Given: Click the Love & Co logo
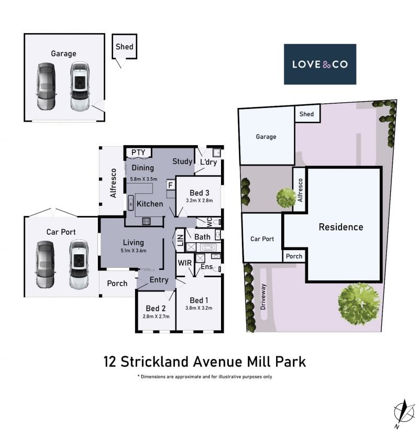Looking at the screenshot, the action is tap(319, 64).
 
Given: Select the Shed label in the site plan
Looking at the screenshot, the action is tap(306, 114).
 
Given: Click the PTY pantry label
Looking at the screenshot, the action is tap(138, 152).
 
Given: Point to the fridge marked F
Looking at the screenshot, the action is tap(170, 185).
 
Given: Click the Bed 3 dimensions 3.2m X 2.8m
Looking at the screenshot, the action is tap(199, 200).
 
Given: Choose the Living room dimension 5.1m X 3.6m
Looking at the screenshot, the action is tap(134, 251).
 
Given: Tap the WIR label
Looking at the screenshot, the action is tap(184, 263).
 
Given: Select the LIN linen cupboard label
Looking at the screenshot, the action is tap(180, 240).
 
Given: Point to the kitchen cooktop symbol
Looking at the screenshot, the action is tap(146, 221).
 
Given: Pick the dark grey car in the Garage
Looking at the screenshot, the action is tap(46, 86).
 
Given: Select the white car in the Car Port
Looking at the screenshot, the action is tap(79, 264).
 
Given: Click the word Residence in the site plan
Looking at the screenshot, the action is tap(341, 227).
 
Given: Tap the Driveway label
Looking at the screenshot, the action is tap(263, 297).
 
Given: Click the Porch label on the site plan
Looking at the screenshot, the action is tap(294, 256).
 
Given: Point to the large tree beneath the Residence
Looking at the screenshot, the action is tap(359, 303).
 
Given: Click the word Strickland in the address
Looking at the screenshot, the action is tap(155, 362).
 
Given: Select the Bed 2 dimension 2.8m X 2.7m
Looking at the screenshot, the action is tap(156, 316).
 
